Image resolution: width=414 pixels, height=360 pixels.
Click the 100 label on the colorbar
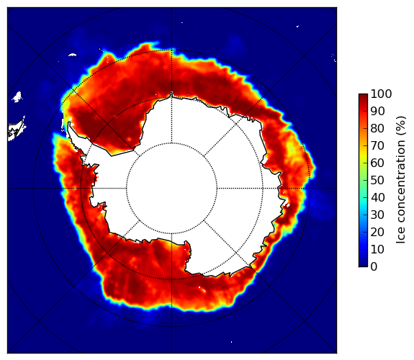(382, 94)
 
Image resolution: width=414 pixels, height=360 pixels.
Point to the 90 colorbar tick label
(377, 111)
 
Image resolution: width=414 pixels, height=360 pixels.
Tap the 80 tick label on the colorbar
(377, 128)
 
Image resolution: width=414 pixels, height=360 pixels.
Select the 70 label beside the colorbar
(377, 145)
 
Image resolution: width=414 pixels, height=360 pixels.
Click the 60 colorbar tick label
(377, 163)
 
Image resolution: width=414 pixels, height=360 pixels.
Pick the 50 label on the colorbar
(377, 181)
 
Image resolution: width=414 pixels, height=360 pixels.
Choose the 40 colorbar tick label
(377, 197)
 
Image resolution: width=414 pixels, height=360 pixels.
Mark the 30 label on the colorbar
(377, 215)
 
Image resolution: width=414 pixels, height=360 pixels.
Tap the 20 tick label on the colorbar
(377, 232)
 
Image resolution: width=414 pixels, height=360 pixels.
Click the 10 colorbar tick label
(377, 250)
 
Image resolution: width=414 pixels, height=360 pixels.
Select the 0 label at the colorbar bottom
(374, 267)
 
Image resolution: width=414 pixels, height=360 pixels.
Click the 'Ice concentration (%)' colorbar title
(401, 180)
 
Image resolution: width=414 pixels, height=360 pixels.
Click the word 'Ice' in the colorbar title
(401, 238)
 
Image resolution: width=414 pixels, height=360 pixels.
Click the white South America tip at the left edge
(16, 131)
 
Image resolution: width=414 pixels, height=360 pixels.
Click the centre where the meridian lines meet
(171, 189)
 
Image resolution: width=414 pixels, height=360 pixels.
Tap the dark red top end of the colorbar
(363, 96)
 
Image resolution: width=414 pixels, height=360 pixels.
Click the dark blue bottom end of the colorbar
(363, 265)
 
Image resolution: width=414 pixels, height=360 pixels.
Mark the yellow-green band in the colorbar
(363, 163)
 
